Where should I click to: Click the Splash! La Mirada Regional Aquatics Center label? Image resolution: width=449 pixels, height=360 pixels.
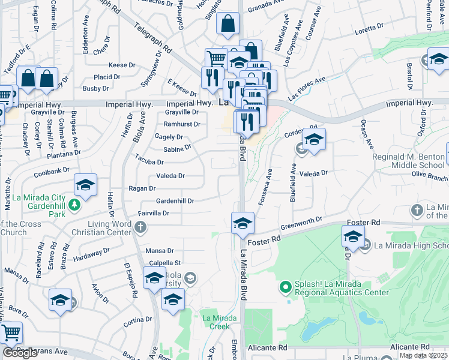click(341, 288)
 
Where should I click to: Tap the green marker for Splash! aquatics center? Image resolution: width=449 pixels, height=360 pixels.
click(286, 288)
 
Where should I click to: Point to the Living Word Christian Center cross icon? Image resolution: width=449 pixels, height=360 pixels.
click(140, 227)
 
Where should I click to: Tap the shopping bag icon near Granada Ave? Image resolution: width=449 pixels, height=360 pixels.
click(228, 25)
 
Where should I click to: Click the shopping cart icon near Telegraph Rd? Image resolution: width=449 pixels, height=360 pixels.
click(216, 59)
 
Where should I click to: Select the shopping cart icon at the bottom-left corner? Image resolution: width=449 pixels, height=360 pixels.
click(11, 332)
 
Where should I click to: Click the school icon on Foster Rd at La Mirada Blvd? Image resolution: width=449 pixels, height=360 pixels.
click(242, 223)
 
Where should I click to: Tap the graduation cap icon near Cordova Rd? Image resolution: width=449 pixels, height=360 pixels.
click(314, 139)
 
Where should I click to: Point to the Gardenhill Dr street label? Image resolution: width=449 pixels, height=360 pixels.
click(175, 201)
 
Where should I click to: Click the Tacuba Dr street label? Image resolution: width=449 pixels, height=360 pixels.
click(149, 162)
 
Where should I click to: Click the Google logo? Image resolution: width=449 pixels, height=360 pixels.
click(19, 353)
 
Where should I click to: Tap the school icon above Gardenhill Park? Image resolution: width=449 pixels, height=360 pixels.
click(85, 185)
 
